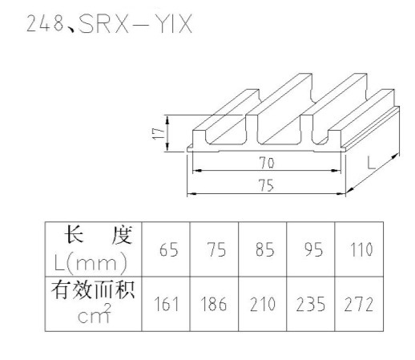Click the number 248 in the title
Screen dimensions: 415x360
(45, 23)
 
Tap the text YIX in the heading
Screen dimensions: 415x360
(174, 24)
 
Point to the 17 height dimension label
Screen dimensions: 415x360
(158, 133)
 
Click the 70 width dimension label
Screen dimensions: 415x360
(267, 163)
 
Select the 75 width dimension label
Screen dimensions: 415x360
(266, 185)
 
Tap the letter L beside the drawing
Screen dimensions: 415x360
(372, 163)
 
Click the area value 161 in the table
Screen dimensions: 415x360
(166, 304)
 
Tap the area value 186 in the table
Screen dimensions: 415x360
(214, 304)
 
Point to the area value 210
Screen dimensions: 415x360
(263, 304)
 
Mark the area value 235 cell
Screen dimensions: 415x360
(311, 304)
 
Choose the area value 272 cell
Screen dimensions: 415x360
(359, 304)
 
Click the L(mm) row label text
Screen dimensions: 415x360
(91, 263)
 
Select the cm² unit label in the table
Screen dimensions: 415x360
(94, 313)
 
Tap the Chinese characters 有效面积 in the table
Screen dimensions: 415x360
(93, 289)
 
